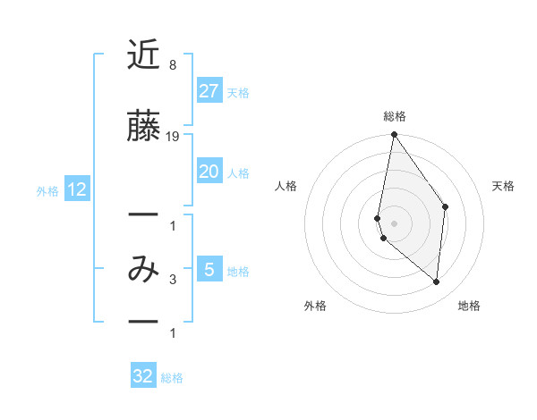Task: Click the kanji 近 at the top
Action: [144, 56]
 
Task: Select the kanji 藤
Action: [144, 128]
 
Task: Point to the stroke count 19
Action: [173, 137]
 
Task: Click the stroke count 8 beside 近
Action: [172, 65]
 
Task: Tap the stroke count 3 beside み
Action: [172, 280]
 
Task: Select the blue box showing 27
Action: [209, 90]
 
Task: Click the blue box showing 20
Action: [209, 172]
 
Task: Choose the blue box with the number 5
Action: [209, 269]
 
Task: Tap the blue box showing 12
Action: [76, 189]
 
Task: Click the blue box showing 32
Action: [143, 376]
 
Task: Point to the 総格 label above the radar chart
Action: [395, 116]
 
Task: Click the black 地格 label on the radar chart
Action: [469, 306]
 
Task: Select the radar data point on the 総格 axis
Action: [394, 135]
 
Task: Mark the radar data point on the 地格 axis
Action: [436, 281]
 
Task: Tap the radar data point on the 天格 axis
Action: [445, 206]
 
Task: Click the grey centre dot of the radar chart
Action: [394, 223]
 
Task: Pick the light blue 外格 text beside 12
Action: [47, 190]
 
